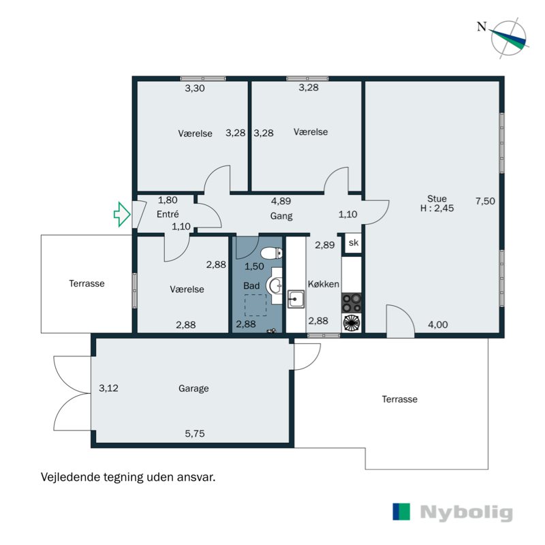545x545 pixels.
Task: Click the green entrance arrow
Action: (121, 214)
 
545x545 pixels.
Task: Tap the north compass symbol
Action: (510, 37)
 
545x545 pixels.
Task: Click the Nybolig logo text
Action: (467, 512)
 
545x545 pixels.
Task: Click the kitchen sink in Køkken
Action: (296, 298)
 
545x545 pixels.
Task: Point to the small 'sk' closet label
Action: (353, 243)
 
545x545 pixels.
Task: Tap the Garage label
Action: (193, 389)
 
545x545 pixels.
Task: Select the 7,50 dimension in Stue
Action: (485, 201)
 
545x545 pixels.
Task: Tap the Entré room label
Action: (168, 214)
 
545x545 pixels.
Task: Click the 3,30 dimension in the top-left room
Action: (196, 88)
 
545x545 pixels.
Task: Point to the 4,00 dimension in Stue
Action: (437, 325)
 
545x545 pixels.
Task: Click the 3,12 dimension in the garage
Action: (108, 389)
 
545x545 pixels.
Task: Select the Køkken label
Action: (323, 284)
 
